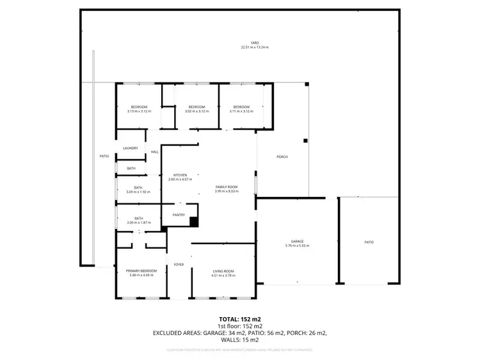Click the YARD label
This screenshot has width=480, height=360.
click(x=254, y=43)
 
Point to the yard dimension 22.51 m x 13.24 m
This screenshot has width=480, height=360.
click(x=254, y=47)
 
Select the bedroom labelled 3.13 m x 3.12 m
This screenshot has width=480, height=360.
click(x=139, y=109)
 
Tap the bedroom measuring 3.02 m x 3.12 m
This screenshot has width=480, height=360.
click(x=195, y=109)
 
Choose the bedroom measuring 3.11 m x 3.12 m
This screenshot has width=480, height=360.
click(x=241, y=109)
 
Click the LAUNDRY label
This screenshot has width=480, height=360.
click(x=131, y=148)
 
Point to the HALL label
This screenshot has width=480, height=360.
click(x=155, y=152)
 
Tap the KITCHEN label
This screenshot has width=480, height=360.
click(x=180, y=175)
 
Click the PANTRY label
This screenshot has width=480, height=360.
click(x=179, y=215)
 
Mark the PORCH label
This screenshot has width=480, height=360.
click(x=281, y=157)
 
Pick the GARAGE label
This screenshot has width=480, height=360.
click(x=296, y=241)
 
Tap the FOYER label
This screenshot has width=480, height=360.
click(x=179, y=264)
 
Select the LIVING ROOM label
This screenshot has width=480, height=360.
click(x=223, y=271)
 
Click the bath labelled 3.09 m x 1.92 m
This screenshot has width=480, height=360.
click(x=138, y=190)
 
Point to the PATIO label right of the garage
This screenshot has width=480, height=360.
click(x=369, y=242)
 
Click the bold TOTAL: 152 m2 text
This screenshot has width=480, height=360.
click(x=240, y=318)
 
